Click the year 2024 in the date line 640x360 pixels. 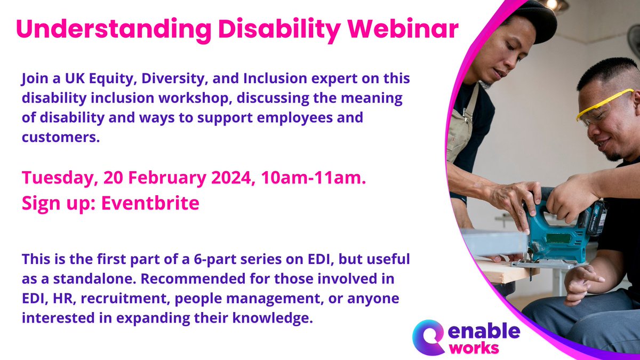tap(226, 179)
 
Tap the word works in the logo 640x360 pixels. tap(474, 347)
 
